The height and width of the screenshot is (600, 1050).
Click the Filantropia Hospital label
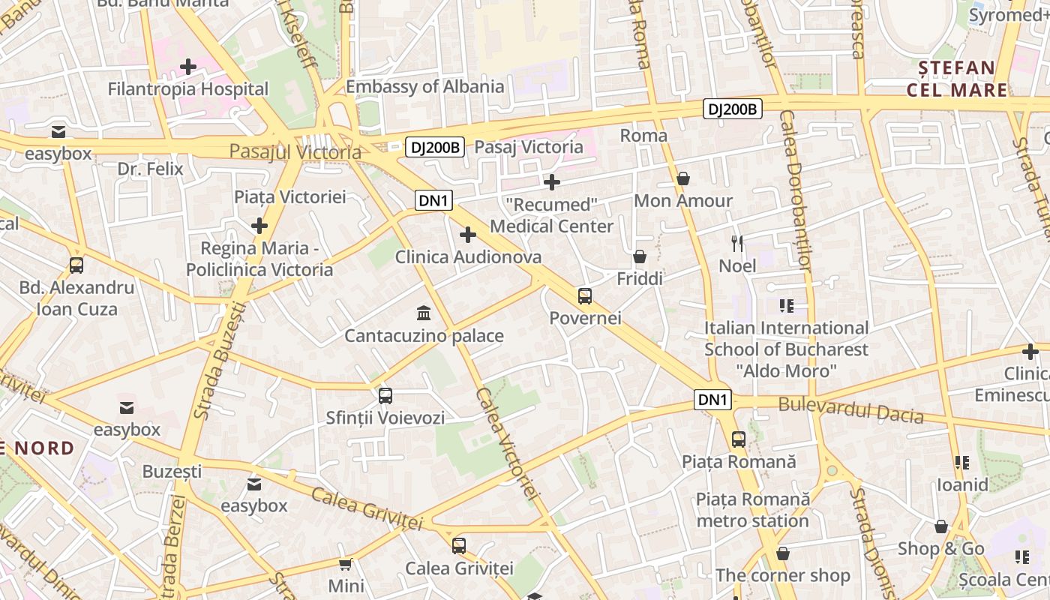pos(187,89)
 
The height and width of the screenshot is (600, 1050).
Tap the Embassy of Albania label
pos(424,86)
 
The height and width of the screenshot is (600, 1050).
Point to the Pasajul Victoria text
pos(295,151)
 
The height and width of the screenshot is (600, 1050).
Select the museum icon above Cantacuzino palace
pos(424,313)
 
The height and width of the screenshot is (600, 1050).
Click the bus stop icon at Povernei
pos(585,296)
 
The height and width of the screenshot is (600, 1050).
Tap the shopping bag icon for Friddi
pos(640,257)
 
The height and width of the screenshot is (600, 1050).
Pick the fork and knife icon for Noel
pos(737,244)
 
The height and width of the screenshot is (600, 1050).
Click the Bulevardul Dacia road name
pos(850,409)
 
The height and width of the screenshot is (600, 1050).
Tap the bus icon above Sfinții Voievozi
pos(385,395)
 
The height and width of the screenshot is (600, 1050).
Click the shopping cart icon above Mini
pos(346,564)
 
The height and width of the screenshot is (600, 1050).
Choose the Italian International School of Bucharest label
pos(785,349)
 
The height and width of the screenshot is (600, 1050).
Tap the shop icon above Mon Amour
pos(683,178)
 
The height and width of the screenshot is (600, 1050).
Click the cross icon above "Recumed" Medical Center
pos(552,182)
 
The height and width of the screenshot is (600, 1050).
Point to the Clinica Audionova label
pos(468,257)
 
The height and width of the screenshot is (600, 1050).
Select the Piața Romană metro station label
pos(753,509)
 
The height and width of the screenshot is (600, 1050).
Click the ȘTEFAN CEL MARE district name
pos(957,79)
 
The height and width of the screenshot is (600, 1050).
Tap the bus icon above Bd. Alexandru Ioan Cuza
pos(76,265)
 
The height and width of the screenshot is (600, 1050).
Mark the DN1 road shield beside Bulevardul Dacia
pos(712,400)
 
